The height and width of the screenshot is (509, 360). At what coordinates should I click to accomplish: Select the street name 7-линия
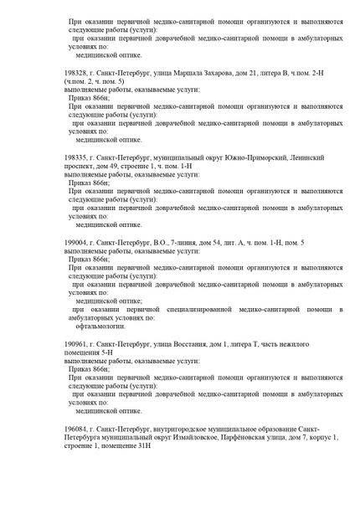[204, 241]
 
